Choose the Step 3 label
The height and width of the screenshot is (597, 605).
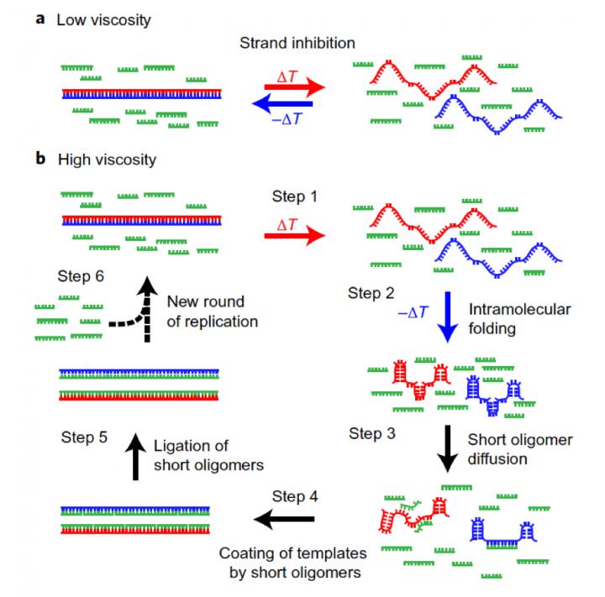pyautogui.click(x=377, y=434)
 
